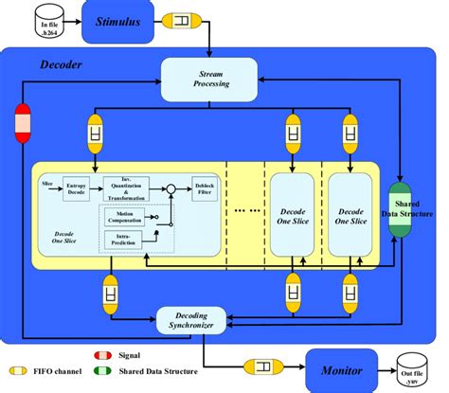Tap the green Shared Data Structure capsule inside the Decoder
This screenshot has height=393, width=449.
coord(399,209)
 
